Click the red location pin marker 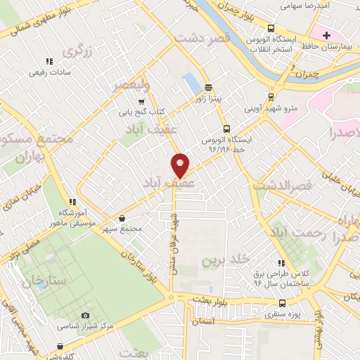click(x=181, y=165)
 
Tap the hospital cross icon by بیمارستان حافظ click(x=327, y=35)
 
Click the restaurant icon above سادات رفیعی click(x=49, y=62)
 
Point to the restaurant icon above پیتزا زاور click(x=207, y=87)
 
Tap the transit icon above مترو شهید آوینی click(x=271, y=98)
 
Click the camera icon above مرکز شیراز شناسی click(x=85, y=316)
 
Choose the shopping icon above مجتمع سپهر click(x=124, y=219)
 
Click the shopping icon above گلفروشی click(x=61, y=346)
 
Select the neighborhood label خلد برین click(x=226, y=261)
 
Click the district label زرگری click(x=77, y=51)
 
